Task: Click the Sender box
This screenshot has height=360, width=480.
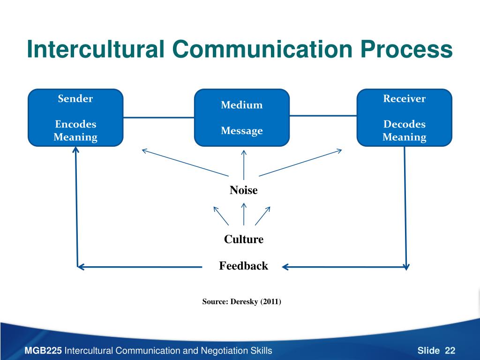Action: tap(75, 117)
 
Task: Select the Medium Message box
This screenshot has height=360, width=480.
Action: tap(242, 118)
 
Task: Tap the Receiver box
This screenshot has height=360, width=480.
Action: tap(404, 117)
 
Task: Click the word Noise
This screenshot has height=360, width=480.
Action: tap(243, 190)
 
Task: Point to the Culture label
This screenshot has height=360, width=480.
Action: tap(243, 240)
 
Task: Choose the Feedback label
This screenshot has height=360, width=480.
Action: tap(243, 266)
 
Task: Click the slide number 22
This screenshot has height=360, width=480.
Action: tap(450, 351)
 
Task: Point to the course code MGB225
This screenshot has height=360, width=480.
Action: tap(43, 351)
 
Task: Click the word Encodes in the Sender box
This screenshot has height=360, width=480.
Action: tap(75, 124)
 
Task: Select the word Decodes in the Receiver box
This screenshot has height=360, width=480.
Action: tap(404, 124)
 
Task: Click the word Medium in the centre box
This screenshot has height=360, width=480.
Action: tap(242, 105)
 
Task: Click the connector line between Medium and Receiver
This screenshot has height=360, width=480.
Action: tap(323, 115)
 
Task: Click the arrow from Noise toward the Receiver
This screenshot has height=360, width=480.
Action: tap(300, 163)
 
